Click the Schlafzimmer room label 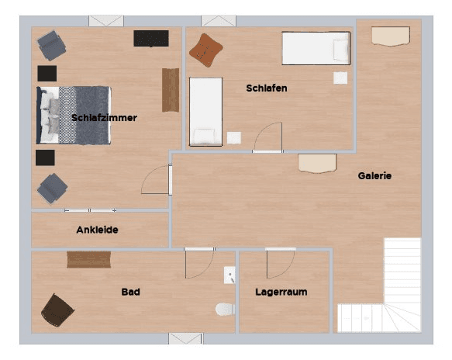(x=104, y=118)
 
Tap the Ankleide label (x=97, y=230)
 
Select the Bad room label (x=130, y=292)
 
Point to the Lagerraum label (x=281, y=292)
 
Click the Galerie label (x=374, y=176)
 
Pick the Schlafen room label (x=267, y=88)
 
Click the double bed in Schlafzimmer (x=74, y=115)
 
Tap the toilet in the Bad (x=225, y=310)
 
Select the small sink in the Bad (x=229, y=275)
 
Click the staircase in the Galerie (x=392, y=291)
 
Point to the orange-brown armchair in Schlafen (x=206, y=49)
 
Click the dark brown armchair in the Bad (x=57, y=310)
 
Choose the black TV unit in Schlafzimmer (x=150, y=38)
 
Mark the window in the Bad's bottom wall (x=185, y=338)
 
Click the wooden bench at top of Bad (x=88, y=259)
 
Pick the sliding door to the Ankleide (x=90, y=210)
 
